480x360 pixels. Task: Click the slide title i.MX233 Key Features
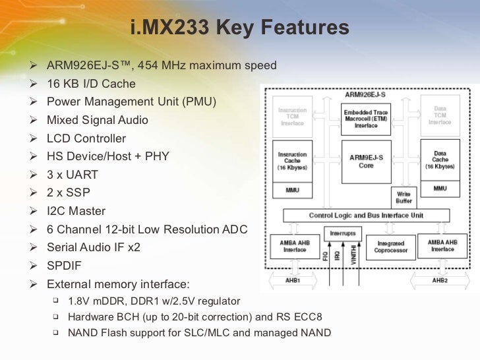[239, 28]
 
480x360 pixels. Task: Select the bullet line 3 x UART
[73, 175]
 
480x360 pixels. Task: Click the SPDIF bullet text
[65, 266]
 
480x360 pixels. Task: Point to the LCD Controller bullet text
[86, 138]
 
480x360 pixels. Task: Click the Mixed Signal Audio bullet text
[98, 121]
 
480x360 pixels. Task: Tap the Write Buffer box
[403, 196]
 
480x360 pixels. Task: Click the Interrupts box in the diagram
[342, 233]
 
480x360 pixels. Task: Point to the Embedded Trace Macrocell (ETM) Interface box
[366, 118]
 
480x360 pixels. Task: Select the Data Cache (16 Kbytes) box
[440, 160]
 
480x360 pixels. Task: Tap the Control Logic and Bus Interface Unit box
[366, 215]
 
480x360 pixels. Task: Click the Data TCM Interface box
[440, 116]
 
